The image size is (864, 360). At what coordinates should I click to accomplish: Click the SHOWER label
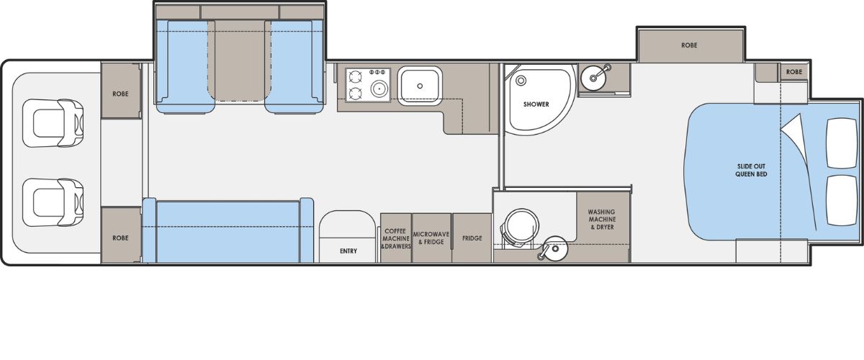click(x=536, y=104)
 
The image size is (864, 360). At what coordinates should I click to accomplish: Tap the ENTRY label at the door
click(x=348, y=251)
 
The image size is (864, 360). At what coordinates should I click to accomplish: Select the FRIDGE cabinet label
click(x=472, y=238)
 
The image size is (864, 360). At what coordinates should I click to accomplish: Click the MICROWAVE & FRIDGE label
click(x=431, y=238)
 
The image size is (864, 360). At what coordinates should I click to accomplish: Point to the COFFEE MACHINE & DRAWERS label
click(x=396, y=238)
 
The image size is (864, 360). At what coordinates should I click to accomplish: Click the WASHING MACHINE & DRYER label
click(x=602, y=220)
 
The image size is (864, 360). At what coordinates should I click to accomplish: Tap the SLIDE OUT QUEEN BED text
click(x=751, y=170)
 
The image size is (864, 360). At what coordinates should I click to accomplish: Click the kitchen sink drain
click(x=420, y=86)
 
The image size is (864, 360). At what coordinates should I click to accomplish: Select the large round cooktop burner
click(x=379, y=89)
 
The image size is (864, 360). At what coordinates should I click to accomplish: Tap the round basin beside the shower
click(x=593, y=76)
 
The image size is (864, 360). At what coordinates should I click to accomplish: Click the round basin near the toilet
click(x=555, y=248)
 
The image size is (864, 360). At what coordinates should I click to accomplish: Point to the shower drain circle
click(x=521, y=81)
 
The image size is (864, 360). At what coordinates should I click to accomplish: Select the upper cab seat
click(x=53, y=123)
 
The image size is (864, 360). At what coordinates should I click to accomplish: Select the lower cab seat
click(x=53, y=202)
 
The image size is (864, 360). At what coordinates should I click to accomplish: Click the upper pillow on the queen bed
click(x=842, y=143)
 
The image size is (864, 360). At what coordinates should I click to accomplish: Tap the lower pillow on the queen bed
click(x=842, y=200)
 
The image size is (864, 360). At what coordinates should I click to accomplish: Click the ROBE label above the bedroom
click(x=689, y=45)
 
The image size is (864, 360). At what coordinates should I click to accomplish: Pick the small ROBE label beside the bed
click(x=793, y=72)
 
